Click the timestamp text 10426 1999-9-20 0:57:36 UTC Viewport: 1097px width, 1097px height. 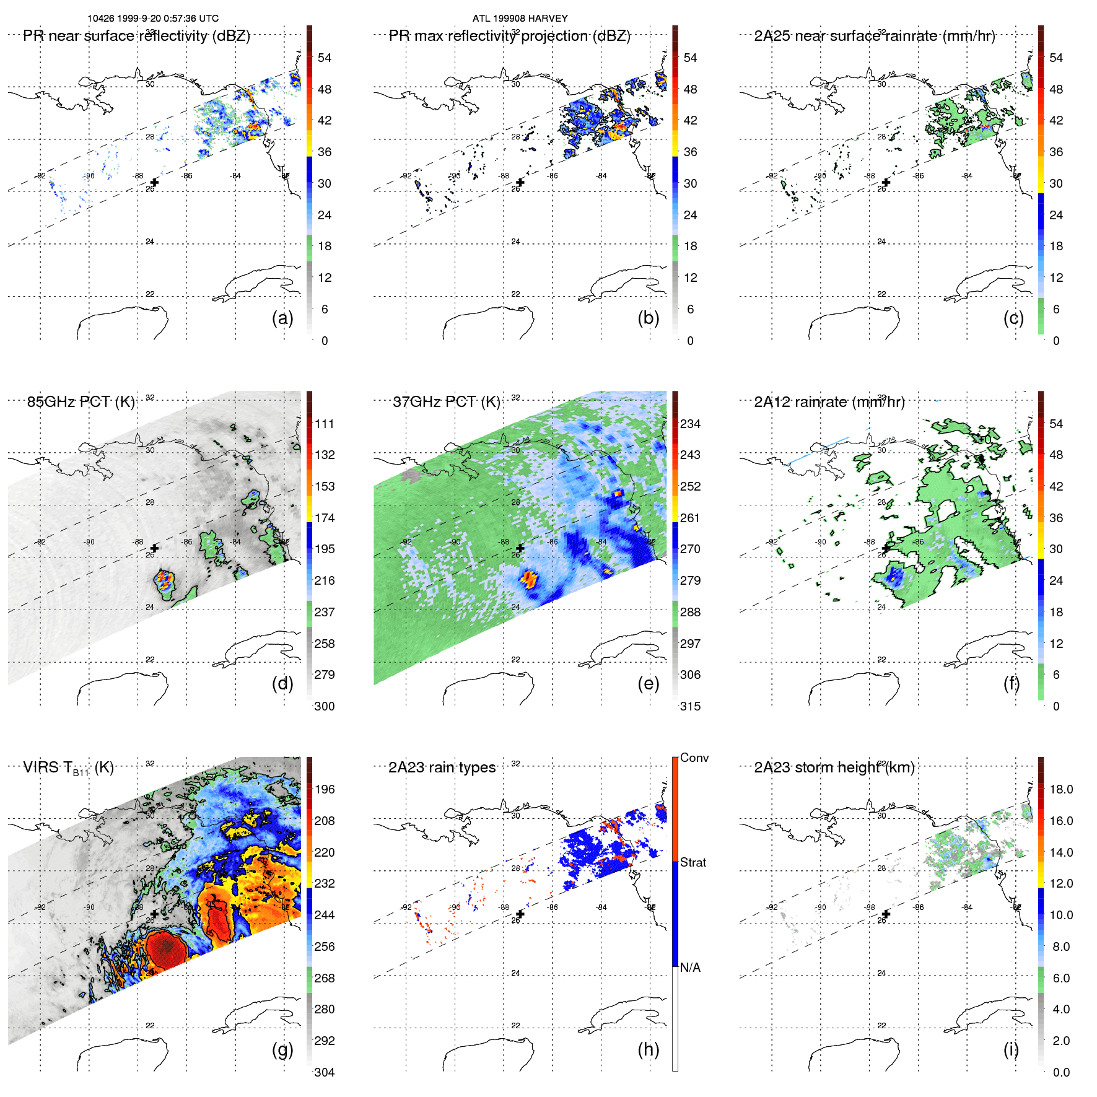(x=153, y=19)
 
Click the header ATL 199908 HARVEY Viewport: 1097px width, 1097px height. (x=520, y=19)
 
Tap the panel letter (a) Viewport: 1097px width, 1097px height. (x=282, y=318)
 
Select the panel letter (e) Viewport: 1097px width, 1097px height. (x=648, y=683)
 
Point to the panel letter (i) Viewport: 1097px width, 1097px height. (x=1011, y=1049)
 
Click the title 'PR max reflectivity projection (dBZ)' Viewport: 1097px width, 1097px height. (x=509, y=36)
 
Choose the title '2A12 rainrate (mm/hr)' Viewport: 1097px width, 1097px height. (x=829, y=402)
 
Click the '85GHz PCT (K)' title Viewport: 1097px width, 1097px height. (x=81, y=402)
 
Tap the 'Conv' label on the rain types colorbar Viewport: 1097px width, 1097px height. (x=694, y=758)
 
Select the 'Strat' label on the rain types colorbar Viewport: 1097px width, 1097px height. (x=693, y=862)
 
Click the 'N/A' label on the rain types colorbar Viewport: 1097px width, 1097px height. (x=690, y=968)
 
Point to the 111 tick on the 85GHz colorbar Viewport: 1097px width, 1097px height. (x=325, y=424)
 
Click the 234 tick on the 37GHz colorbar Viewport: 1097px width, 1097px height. (x=690, y=424)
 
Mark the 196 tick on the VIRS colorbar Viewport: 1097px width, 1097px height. (x=325, y=789)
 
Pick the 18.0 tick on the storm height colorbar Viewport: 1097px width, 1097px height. (x=1060, y=789)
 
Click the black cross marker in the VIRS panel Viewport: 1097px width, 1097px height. (x=154, y=914)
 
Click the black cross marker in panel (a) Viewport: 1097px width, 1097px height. (x=154, y=182)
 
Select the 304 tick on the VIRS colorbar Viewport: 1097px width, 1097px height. (x=325, y=1072)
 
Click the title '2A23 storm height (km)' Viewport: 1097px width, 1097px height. (x=834, y=767)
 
